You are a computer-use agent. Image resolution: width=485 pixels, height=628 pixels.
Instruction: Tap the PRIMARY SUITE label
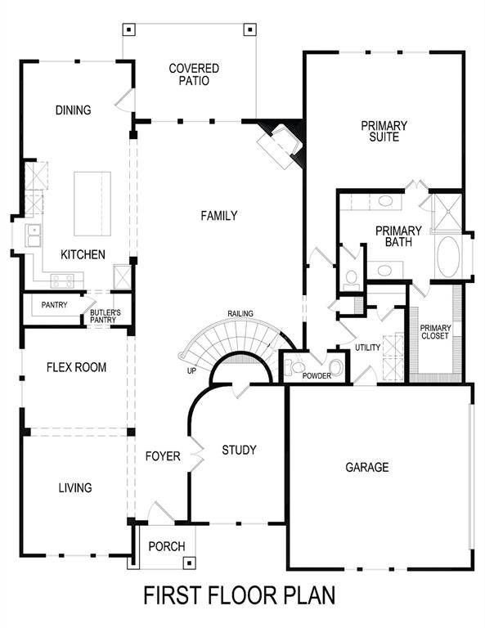tap(384, 132)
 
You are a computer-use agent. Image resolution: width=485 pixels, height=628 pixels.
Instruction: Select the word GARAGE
tap(366, 468)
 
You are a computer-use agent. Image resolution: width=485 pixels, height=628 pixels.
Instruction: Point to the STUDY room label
tap(239, 450)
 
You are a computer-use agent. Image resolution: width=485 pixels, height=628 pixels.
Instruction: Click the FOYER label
tap(163, 456)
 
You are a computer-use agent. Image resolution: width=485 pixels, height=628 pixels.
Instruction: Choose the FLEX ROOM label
tap(75, 368)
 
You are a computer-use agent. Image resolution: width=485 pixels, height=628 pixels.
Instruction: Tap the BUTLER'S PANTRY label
tap(105, 316)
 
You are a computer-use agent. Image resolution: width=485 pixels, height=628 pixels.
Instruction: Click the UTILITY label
tap(367, 348)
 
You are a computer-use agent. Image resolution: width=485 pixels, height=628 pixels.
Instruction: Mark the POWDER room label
tap(316, 376)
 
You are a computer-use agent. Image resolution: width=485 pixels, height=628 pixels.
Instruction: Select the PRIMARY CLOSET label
tap(434, 332)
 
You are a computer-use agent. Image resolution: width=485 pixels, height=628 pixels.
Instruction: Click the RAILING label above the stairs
tap(240, 313)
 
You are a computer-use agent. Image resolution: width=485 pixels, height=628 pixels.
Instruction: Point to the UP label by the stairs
tap(191, 370)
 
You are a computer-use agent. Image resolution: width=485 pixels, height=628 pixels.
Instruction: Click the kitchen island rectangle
tap(92, 203)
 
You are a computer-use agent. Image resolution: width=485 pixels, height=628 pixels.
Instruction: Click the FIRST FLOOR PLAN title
tap(240, 595)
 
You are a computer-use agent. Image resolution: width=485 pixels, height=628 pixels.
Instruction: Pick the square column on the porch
tap(189, 563)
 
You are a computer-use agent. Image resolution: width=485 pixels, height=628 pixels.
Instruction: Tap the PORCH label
tap(167, 547)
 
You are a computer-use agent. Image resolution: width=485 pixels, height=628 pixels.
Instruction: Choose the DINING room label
tap(74, 110)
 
